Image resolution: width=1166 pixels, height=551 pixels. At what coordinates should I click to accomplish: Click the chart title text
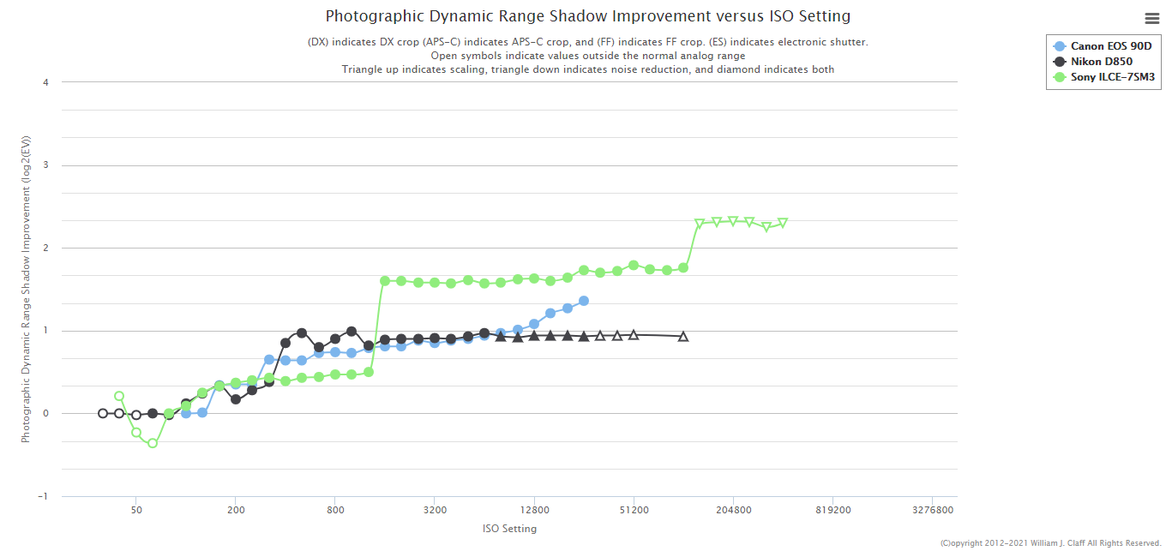pyautogui.click(x=587, y=16)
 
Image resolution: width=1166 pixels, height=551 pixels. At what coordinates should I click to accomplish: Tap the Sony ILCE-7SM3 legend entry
pyautogui.click(x=1113, y=77)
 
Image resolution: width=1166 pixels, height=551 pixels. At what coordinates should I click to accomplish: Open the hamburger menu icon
pyautogui.click(x=1151, y=18)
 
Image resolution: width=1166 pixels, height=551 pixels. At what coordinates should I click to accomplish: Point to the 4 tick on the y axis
pyautogui.click(x=45, y=82)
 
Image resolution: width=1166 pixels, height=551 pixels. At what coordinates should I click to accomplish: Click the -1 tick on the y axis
pyautogui.click(x=44, y=496)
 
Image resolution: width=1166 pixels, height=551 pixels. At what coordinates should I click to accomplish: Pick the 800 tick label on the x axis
pyautogui.click(x=335, y=510)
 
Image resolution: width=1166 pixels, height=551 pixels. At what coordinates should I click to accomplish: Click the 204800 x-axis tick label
pyautogui.click(x=733, y=510)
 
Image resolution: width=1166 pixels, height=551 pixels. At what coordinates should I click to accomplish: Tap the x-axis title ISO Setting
pyautogui.click(x=509, y=529)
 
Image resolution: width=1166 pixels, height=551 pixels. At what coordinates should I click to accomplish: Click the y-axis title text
pyautogui.click(x=26, y=289)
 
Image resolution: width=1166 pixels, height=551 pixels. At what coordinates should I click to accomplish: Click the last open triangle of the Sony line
pyautogui.click(x=783, y=223)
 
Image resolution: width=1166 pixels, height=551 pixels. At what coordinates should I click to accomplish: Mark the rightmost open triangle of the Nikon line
pyautogui.click(x=683, y=337)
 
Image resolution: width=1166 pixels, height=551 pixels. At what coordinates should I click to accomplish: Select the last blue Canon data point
pyautogui.click(x=584, y=301)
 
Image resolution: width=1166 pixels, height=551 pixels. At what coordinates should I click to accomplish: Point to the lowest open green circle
pyautogui.click(x=153, y=443)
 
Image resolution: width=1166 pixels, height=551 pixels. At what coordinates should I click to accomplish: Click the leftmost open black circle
pyautogui.click(x=103, y=413)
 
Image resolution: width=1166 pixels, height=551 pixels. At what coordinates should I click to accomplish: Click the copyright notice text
pyautogui.click(x=1050, y=543)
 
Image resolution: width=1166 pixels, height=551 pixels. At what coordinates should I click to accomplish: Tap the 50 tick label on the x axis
pyautogui.click(x=136, y=510)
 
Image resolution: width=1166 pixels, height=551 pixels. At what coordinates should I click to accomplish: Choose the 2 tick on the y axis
pyautogui.click(x=45, y=248)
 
